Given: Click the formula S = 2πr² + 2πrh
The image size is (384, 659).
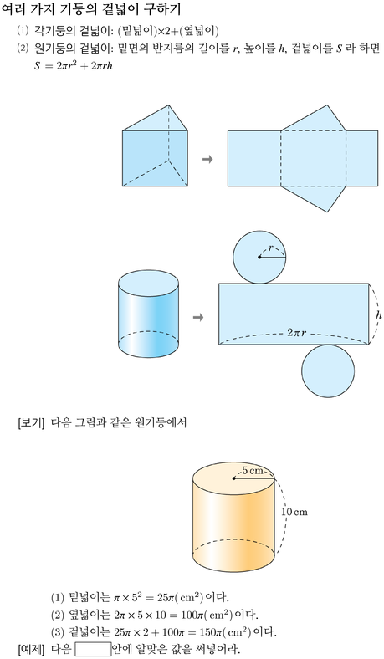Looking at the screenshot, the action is click(74, 65).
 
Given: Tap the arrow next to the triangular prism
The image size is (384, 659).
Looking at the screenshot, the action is click(207, 159).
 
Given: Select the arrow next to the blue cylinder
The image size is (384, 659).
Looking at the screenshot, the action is click(198, 317).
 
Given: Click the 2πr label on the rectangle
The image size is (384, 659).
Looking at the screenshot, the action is click(296, 333).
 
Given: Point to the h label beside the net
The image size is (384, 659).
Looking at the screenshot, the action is click(378, 314).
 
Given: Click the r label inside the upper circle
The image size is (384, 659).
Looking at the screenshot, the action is click(270, 248).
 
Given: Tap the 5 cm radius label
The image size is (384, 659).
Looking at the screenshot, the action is click(253, 471).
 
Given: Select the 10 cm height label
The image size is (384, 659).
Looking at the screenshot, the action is click(294, 512).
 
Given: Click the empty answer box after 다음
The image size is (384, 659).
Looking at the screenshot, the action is click(93, 649).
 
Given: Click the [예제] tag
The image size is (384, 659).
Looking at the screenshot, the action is click(31, 649).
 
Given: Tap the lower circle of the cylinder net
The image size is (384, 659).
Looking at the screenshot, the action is click(328, 371).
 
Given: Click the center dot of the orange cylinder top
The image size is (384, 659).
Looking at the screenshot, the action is click(233, 478).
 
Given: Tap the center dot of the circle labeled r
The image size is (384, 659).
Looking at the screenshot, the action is click(259, 257).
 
